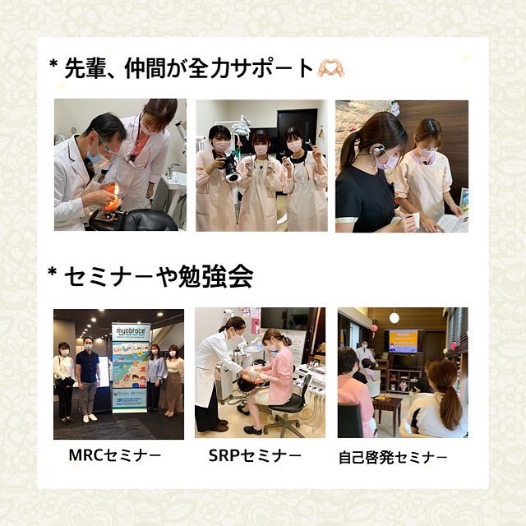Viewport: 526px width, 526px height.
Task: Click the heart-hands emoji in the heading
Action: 331,69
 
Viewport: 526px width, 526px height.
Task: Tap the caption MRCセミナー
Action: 115,455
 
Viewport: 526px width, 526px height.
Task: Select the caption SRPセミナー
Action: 255,455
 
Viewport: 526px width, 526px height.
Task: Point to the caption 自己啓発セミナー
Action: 393,457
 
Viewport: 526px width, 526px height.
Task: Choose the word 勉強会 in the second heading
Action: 215,277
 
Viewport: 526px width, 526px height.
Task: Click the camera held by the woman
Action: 228,168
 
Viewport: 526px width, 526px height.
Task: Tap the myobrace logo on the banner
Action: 131,331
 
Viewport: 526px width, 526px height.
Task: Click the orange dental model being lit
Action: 112,197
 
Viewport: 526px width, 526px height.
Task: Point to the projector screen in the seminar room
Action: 404,341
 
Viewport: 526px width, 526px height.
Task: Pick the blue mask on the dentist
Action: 96,155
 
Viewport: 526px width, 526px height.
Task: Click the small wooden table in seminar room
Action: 387,409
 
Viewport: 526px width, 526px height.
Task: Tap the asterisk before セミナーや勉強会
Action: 52,272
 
